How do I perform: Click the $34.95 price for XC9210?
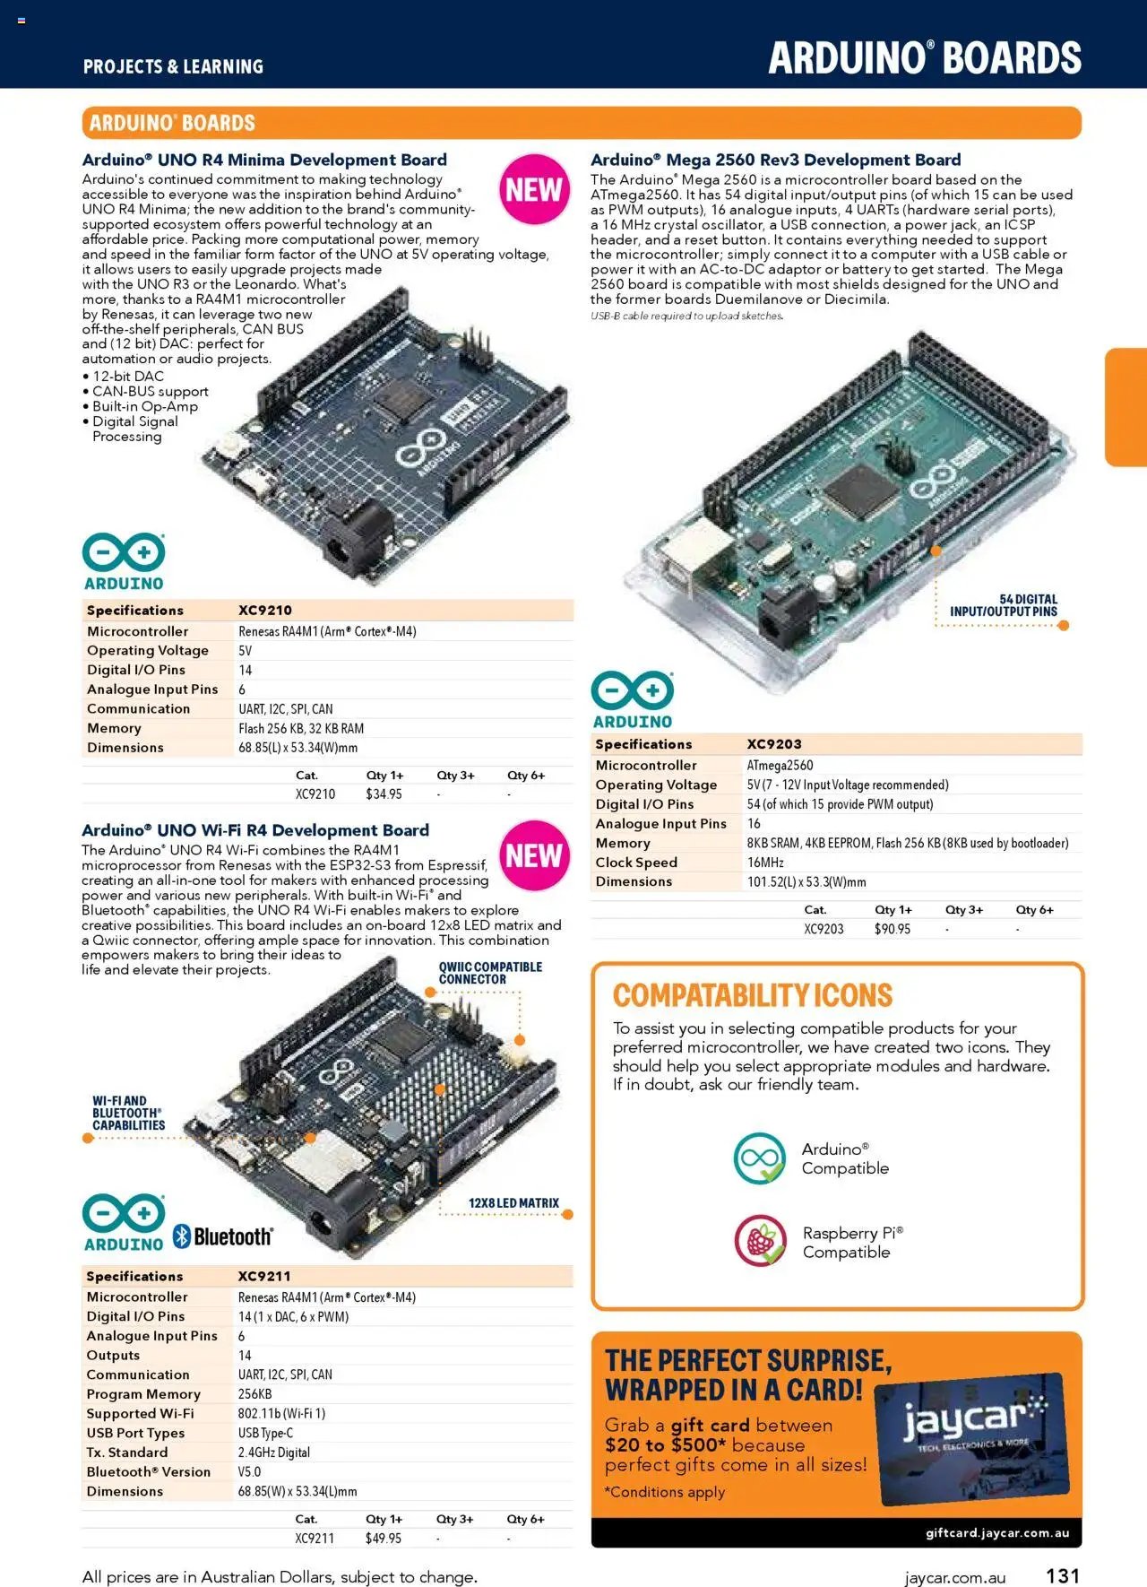(x=384, y=794)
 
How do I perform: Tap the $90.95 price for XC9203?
(x=893, y=929)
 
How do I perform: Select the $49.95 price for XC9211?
(x=384, y=1539)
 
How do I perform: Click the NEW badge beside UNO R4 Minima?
(x=534, y=189)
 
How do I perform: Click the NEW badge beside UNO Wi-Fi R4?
(x=534, y=855)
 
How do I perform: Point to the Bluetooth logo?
(x=222, y=1236)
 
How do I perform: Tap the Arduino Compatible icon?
(x=760, y=1158)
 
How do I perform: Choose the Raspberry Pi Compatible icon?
(x=761, y=1241)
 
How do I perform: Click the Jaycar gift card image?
(x=972, y=1438)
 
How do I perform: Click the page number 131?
(x=1063, y=1575)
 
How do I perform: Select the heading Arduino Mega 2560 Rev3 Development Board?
(x=776, y=160)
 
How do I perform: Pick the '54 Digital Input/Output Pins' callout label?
(x=1004, y=605)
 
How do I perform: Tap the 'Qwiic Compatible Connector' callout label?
(x=490, y=973)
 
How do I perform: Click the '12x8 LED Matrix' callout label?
(x=513, y=1203)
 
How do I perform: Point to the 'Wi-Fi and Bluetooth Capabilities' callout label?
(x=129, y=1113)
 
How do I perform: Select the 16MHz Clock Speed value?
(x=765, y=863)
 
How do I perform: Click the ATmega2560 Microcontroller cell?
(x=780, y=766)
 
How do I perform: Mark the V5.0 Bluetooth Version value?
(x=249, y=1472)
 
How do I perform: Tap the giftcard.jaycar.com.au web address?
(x=997, y=1532)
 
